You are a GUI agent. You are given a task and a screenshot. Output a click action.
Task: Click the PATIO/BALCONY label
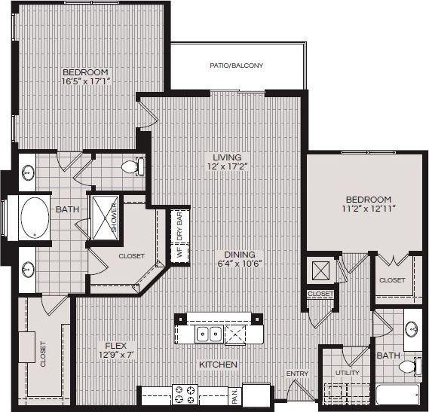coord(236,66)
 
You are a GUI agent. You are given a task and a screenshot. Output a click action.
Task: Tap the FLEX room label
coord(115,346)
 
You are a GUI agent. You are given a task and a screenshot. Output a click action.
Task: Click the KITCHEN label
coord(219,365)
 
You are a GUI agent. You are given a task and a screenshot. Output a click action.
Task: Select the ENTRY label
coord(297,374)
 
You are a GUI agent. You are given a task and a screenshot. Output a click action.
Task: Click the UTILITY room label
coord(348,373)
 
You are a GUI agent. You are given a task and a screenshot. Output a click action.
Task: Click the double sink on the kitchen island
coord(208,333)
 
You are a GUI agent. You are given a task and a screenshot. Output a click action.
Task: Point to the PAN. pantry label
coord(234,394)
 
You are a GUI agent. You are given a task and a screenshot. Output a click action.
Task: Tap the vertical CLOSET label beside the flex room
coord(42,353)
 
